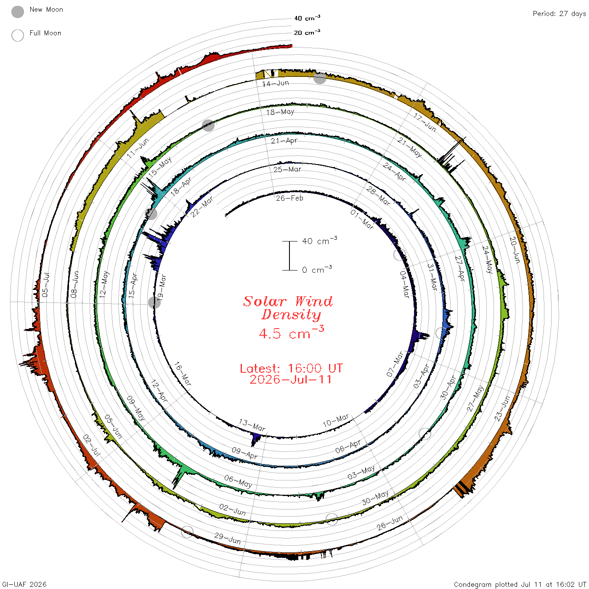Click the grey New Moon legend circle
coord(17,12)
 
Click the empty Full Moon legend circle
coord(17,35)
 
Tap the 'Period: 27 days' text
coord(559,14)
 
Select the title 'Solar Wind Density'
coord(288,308)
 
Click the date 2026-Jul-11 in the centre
coord(290,379)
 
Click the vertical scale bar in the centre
coord(289,256)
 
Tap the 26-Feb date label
coord(289,199)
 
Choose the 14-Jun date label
coord(276,83)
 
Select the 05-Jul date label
coord(45,285)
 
